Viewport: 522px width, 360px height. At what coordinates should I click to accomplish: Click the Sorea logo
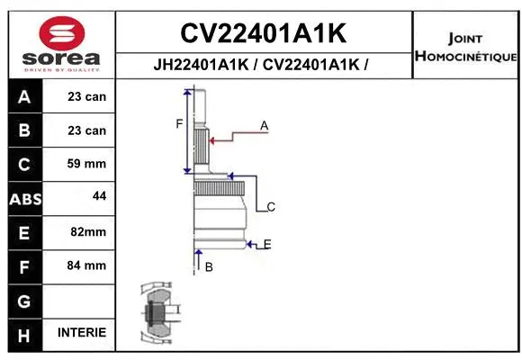coord(61,43)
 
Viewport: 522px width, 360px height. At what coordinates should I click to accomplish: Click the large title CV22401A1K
coord(264,33)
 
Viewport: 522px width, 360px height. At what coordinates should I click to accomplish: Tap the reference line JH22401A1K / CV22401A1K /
coord(264,65)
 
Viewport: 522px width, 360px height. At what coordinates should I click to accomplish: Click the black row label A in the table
coord(24,97)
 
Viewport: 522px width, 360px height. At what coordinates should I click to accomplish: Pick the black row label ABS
coord(24,199)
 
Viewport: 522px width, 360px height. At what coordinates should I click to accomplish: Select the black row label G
coord(24,301)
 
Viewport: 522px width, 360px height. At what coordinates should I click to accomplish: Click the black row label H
coord(24,334)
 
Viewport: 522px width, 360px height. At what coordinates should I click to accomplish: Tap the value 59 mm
coord(87,164)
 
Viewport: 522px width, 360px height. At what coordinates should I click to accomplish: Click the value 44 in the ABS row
coord(98,195)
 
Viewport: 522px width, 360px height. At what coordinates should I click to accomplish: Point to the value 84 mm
coord(87,265)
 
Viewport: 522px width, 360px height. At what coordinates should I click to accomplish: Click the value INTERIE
coord(82,332)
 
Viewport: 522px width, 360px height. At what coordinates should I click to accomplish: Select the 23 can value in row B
coord(87,130)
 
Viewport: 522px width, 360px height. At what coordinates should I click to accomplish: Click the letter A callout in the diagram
coord(264,126)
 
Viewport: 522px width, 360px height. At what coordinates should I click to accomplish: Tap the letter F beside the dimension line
coord(179,123)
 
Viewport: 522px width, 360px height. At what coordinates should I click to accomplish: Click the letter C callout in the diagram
coord(270,207)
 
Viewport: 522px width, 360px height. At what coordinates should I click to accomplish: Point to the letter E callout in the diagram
coord(267,244)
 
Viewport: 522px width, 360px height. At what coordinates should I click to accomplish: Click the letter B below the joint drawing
coord(208,266)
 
